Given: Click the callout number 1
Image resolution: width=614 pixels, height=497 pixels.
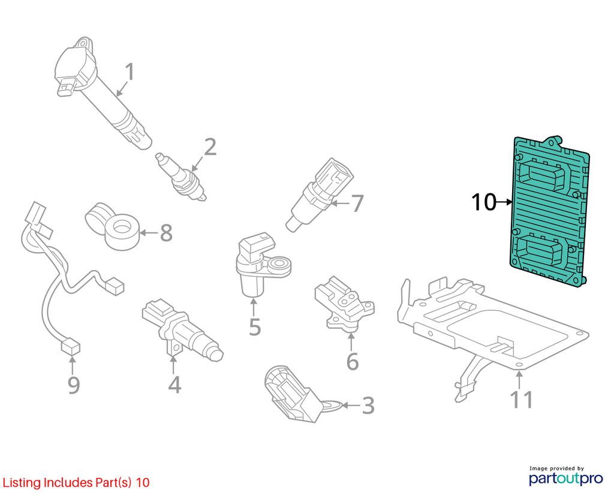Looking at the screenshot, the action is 130,72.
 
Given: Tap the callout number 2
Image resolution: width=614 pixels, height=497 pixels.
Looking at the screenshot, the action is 210,147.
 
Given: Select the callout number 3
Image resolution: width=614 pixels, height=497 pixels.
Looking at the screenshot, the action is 368,405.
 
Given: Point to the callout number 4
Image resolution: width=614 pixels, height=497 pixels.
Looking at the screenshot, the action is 174,385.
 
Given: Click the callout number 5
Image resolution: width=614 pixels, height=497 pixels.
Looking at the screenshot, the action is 255,327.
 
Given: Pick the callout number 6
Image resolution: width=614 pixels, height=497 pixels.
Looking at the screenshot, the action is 353,361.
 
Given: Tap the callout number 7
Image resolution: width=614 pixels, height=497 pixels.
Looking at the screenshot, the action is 357,204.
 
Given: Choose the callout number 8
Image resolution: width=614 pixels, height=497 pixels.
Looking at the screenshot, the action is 166,233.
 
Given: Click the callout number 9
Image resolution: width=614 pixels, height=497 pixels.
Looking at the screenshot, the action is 74,385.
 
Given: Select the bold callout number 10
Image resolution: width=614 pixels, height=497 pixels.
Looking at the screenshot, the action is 484,202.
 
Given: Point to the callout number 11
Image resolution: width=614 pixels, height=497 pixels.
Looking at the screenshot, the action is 522,399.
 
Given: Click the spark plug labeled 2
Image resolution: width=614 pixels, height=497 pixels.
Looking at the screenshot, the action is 180,177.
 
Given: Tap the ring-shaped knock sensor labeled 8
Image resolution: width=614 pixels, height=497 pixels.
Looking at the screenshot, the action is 113,226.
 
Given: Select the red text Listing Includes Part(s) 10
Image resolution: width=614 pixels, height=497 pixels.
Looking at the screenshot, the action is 76,483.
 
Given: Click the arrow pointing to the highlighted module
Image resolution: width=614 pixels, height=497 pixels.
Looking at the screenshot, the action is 504,202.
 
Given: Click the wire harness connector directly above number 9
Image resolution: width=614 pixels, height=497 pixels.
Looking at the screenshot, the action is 70,347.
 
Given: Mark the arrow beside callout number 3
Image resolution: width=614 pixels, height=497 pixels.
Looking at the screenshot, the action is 351,405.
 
